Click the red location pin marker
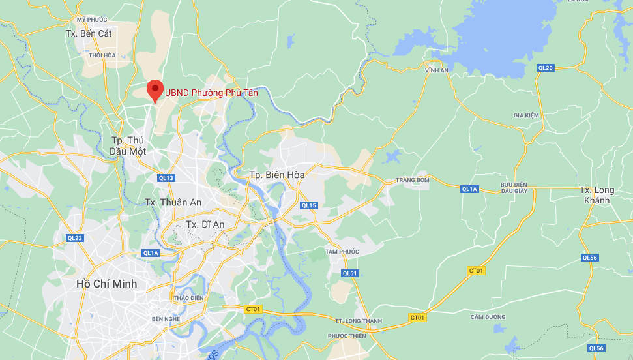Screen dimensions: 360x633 (x=155, y=90)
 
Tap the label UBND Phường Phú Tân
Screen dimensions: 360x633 (x=211, y=93)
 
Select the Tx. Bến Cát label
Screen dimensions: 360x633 (x=89, y=33)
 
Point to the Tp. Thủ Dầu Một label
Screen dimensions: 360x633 (x=127, y=145)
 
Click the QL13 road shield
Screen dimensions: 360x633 (x=166, y=178)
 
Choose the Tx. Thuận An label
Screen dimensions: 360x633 (x=173, y=202)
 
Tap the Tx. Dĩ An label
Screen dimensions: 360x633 (x=205, y=224)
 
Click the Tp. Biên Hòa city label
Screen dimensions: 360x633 (x=277, y=175)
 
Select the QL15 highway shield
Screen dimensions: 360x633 (x=309, y=205)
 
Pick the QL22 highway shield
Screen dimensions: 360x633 (x=75, y=238)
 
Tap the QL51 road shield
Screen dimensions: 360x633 (x=350, y=273)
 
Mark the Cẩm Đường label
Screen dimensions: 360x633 (x=488, y=317)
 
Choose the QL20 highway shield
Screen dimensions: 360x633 (x=546, y=68)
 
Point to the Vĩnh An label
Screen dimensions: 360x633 (x=437, y=70)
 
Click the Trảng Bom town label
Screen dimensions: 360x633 (x=413, y=180)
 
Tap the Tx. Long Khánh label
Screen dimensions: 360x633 (x=597, y=195)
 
